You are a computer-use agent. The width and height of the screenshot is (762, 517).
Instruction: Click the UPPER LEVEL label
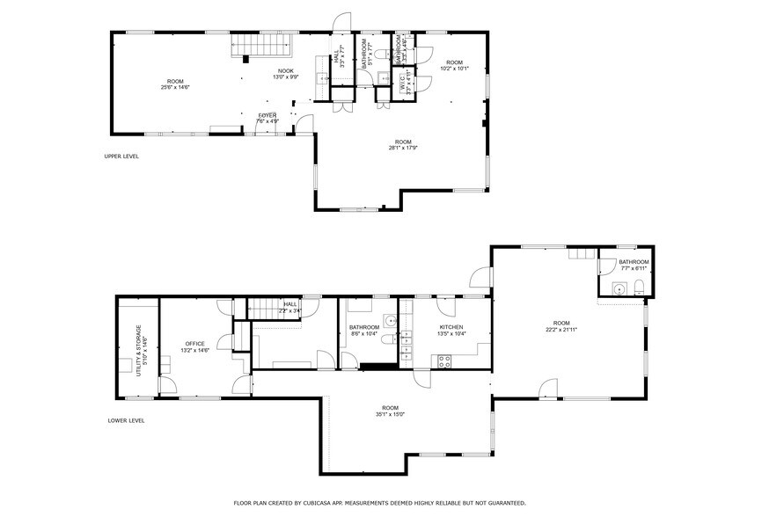pyautogui.click(x=121, y=157)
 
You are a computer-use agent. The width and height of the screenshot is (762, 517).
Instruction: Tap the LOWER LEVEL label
pyautogui.click(x=121, y=420)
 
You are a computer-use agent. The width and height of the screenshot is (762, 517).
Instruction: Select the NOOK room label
pyautogui.click(x=286, y=71)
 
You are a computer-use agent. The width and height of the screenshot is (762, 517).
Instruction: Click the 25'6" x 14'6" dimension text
pyautogui.click(x=175, y=87)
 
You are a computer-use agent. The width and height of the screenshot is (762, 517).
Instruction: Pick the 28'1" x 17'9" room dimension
pyautogui.click(x=403, y=148)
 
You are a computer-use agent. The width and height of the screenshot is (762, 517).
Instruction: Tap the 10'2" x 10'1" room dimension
pyautogui.click(x=454, y=68)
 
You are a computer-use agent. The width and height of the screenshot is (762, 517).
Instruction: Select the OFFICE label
pyautogui.click(x=194, y=343)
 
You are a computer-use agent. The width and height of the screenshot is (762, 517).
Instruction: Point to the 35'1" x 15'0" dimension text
pyautogui.click(x=390, y=413)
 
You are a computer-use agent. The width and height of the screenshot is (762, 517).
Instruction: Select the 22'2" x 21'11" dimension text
pyautogui.click(x=561, y=329)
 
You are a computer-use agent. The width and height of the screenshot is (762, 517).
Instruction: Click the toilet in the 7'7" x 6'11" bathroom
pyautogui.click(x=640, y=288)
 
